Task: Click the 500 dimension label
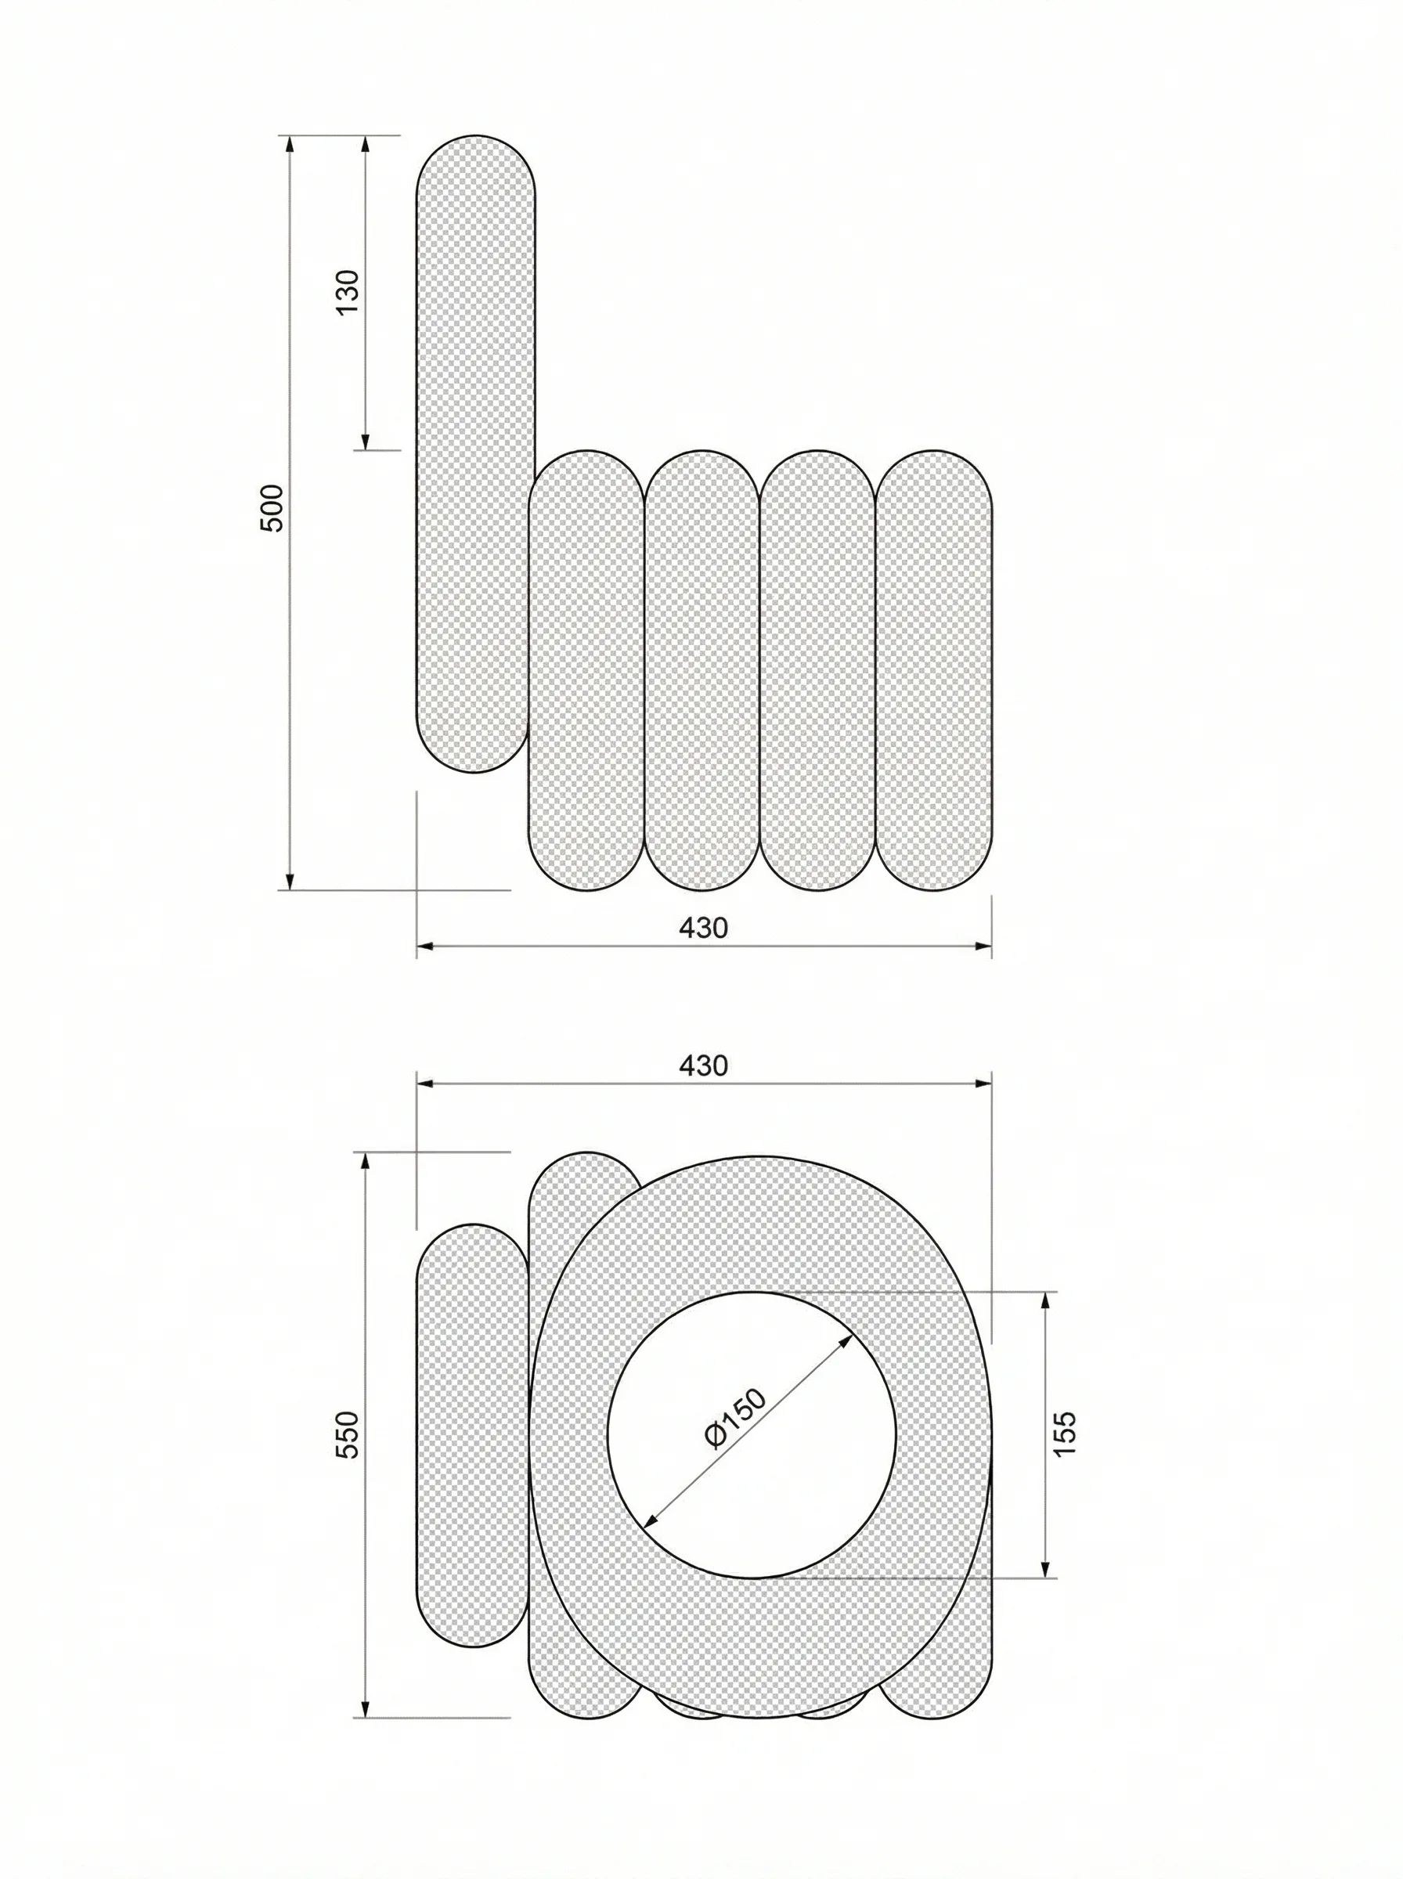271,508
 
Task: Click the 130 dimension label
348,291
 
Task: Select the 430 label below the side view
703,928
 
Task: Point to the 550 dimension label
348,1435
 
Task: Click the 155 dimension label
1064,1434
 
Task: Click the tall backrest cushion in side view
474,424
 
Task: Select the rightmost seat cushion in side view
933,671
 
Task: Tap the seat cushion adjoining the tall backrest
586,671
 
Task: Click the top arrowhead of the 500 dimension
290,143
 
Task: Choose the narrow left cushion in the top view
472,1435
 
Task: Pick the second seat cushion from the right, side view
817,671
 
